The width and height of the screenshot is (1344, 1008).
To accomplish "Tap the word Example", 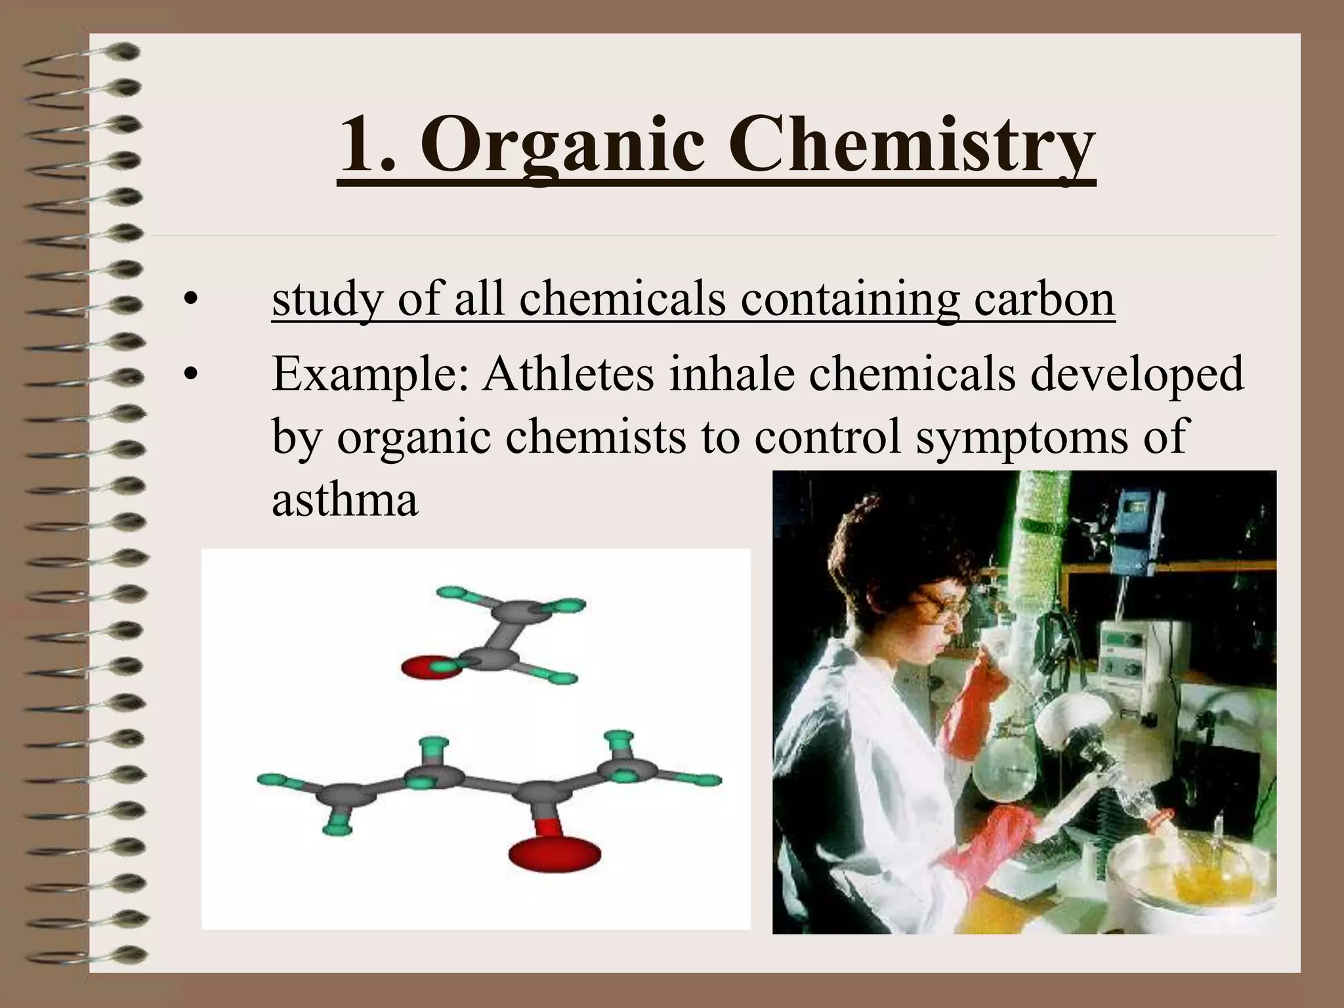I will pyautogui.click(x=371, y=374).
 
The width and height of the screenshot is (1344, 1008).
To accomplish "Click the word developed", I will pyautogui.click(x=1136, y=374).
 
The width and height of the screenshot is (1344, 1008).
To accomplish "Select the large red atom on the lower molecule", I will pyautogui.click(x=555, y=853).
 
